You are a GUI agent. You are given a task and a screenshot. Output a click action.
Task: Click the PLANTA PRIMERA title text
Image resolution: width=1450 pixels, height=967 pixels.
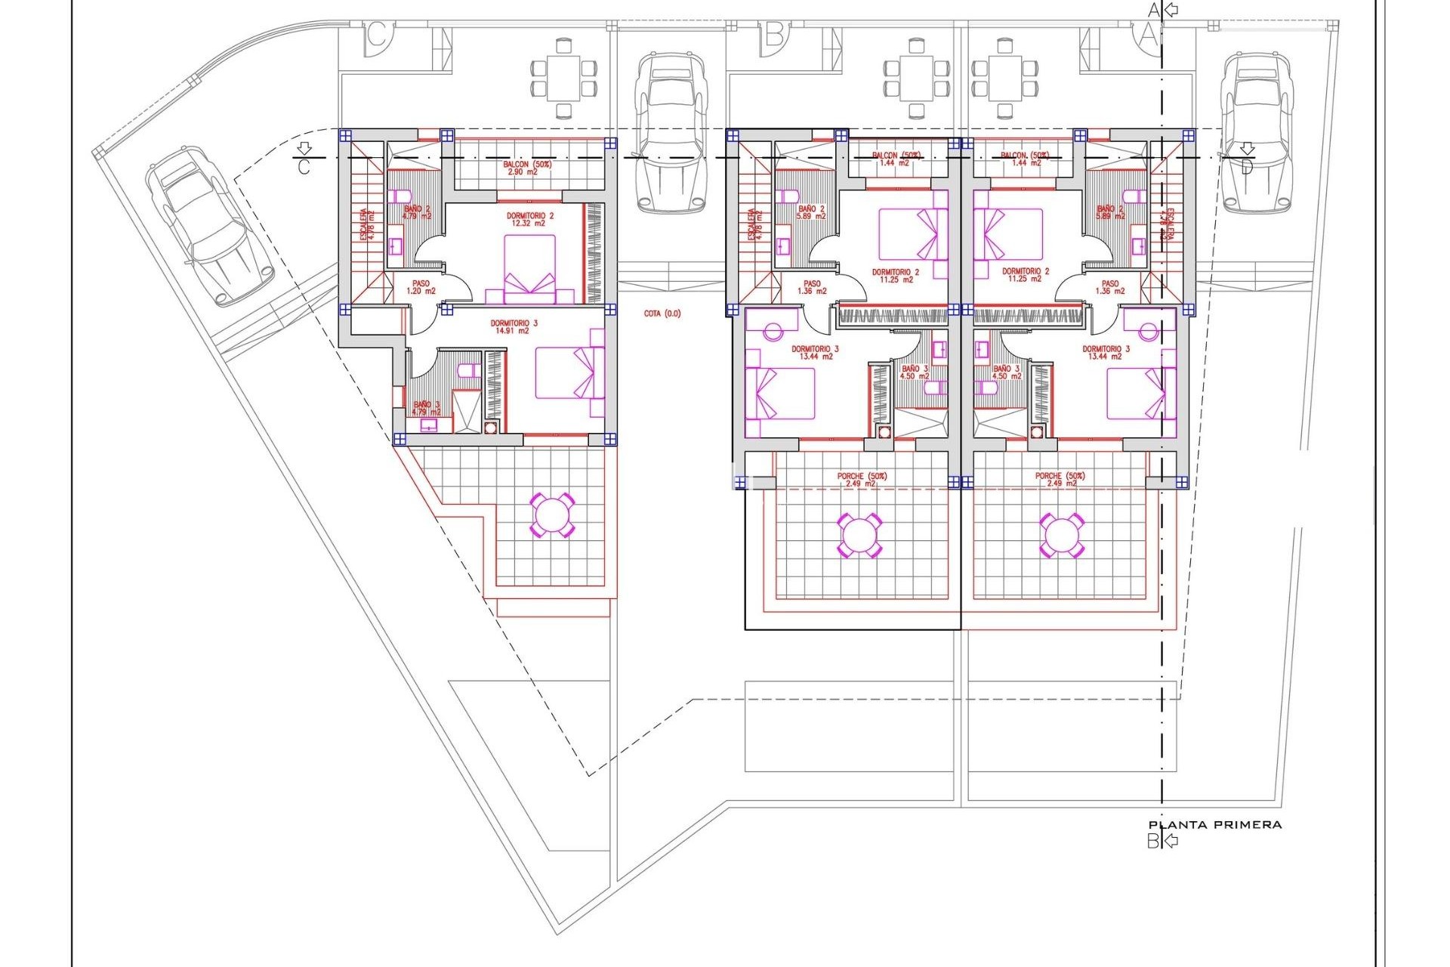click(x=1214, y=825)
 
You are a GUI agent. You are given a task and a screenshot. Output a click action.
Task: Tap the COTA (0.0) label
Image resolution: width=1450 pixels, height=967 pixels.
click(x=662, y=314)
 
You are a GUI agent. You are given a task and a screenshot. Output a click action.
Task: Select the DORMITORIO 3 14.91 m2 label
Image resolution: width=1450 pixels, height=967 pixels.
click(x=514, y=326)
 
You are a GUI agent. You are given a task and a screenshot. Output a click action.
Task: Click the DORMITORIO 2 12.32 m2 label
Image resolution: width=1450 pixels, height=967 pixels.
click(x=530, y=219)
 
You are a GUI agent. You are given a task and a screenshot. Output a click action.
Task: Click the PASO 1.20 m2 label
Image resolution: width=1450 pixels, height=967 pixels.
click(x=421, y=287)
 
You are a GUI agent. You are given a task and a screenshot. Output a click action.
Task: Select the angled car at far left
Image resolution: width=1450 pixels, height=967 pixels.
click(x=207, y=225)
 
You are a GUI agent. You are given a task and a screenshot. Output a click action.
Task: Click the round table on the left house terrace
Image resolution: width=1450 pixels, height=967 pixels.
click(x=552, y=516)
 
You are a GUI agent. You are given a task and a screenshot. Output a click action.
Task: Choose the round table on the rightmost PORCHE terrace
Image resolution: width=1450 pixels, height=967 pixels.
click(x=1061, y=535)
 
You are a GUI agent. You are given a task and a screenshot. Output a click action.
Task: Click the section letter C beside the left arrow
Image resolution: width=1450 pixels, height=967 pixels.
click(x=304, y=167)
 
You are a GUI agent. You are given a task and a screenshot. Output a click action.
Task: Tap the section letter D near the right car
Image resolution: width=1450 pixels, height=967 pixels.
click(x=1246, y=167)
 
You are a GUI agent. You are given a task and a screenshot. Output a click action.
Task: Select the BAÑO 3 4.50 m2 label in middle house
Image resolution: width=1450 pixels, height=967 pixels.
click(x=915, y=372)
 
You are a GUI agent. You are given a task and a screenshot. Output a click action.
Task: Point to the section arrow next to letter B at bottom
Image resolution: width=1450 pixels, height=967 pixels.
click(x=1171, y=840)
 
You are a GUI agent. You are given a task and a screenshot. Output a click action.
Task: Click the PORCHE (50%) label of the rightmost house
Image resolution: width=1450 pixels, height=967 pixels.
click(x=1060, y=480)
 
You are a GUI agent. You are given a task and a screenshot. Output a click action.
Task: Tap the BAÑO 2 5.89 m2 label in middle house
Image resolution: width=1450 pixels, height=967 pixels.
click(x=812, y=212)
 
